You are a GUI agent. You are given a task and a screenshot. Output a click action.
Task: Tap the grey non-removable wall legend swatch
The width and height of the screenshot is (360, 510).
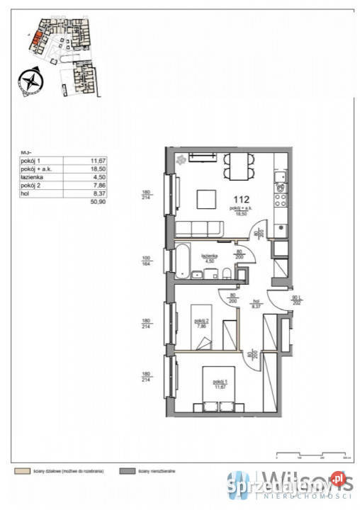pos(128,469)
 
